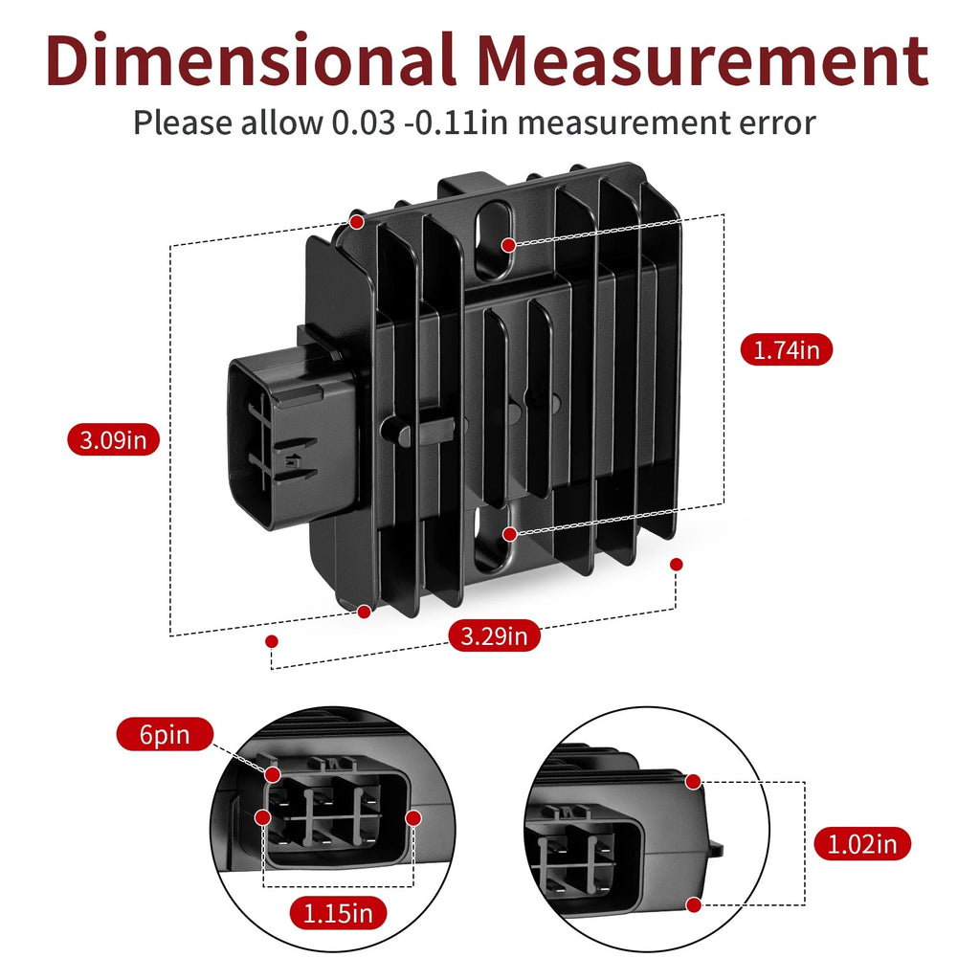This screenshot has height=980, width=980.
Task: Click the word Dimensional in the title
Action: point(251,59)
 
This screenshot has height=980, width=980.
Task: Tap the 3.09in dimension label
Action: point(113,440)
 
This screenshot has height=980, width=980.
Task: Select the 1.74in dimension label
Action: point(787,349)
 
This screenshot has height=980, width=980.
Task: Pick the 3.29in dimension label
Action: point(495,635)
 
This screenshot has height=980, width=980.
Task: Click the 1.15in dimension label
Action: point(338,914)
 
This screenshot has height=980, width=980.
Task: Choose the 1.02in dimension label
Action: point(862,844)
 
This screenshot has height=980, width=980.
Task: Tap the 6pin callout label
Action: point(165,734)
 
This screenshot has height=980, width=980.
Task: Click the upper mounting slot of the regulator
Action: point(494,239)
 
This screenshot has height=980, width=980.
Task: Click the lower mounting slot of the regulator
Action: point(493,539)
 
